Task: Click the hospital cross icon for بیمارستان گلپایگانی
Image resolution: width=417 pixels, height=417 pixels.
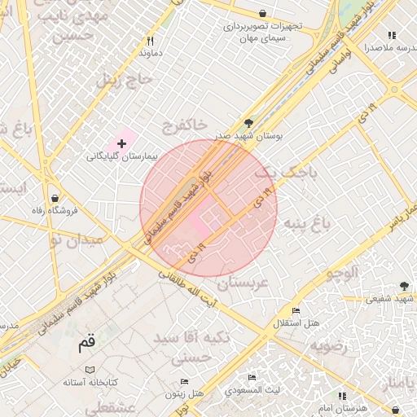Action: [x=122, y=143]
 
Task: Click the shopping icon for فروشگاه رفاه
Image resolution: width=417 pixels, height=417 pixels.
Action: [x=54, y=198]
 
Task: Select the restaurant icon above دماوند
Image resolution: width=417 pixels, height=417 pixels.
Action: [x=150, y=41]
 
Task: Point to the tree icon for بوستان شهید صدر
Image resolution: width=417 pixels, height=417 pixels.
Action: [x=248, y=124]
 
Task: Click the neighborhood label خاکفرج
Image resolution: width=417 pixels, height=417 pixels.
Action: [x=184, y=126]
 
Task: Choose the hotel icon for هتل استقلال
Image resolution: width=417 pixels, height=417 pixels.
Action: [x=296, y=311]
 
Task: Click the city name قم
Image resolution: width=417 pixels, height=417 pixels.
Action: [x=87, y=343]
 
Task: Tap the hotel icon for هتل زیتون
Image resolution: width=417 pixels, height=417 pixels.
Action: [x=184, y=381]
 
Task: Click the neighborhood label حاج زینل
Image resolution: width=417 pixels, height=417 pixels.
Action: [x=125, y=80]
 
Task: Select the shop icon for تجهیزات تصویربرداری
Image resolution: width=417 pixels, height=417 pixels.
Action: [x=262, y=13]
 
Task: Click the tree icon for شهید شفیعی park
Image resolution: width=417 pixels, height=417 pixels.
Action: [x=404, y=286]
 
